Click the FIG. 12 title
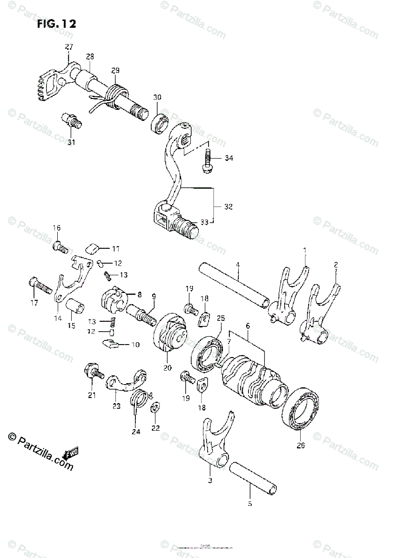click(x=56, y=24)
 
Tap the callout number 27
click(x=69, y=47)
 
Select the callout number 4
click(x=237, y=265)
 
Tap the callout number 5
click(x=249, y=504)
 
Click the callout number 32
click(x=228, y=206)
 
